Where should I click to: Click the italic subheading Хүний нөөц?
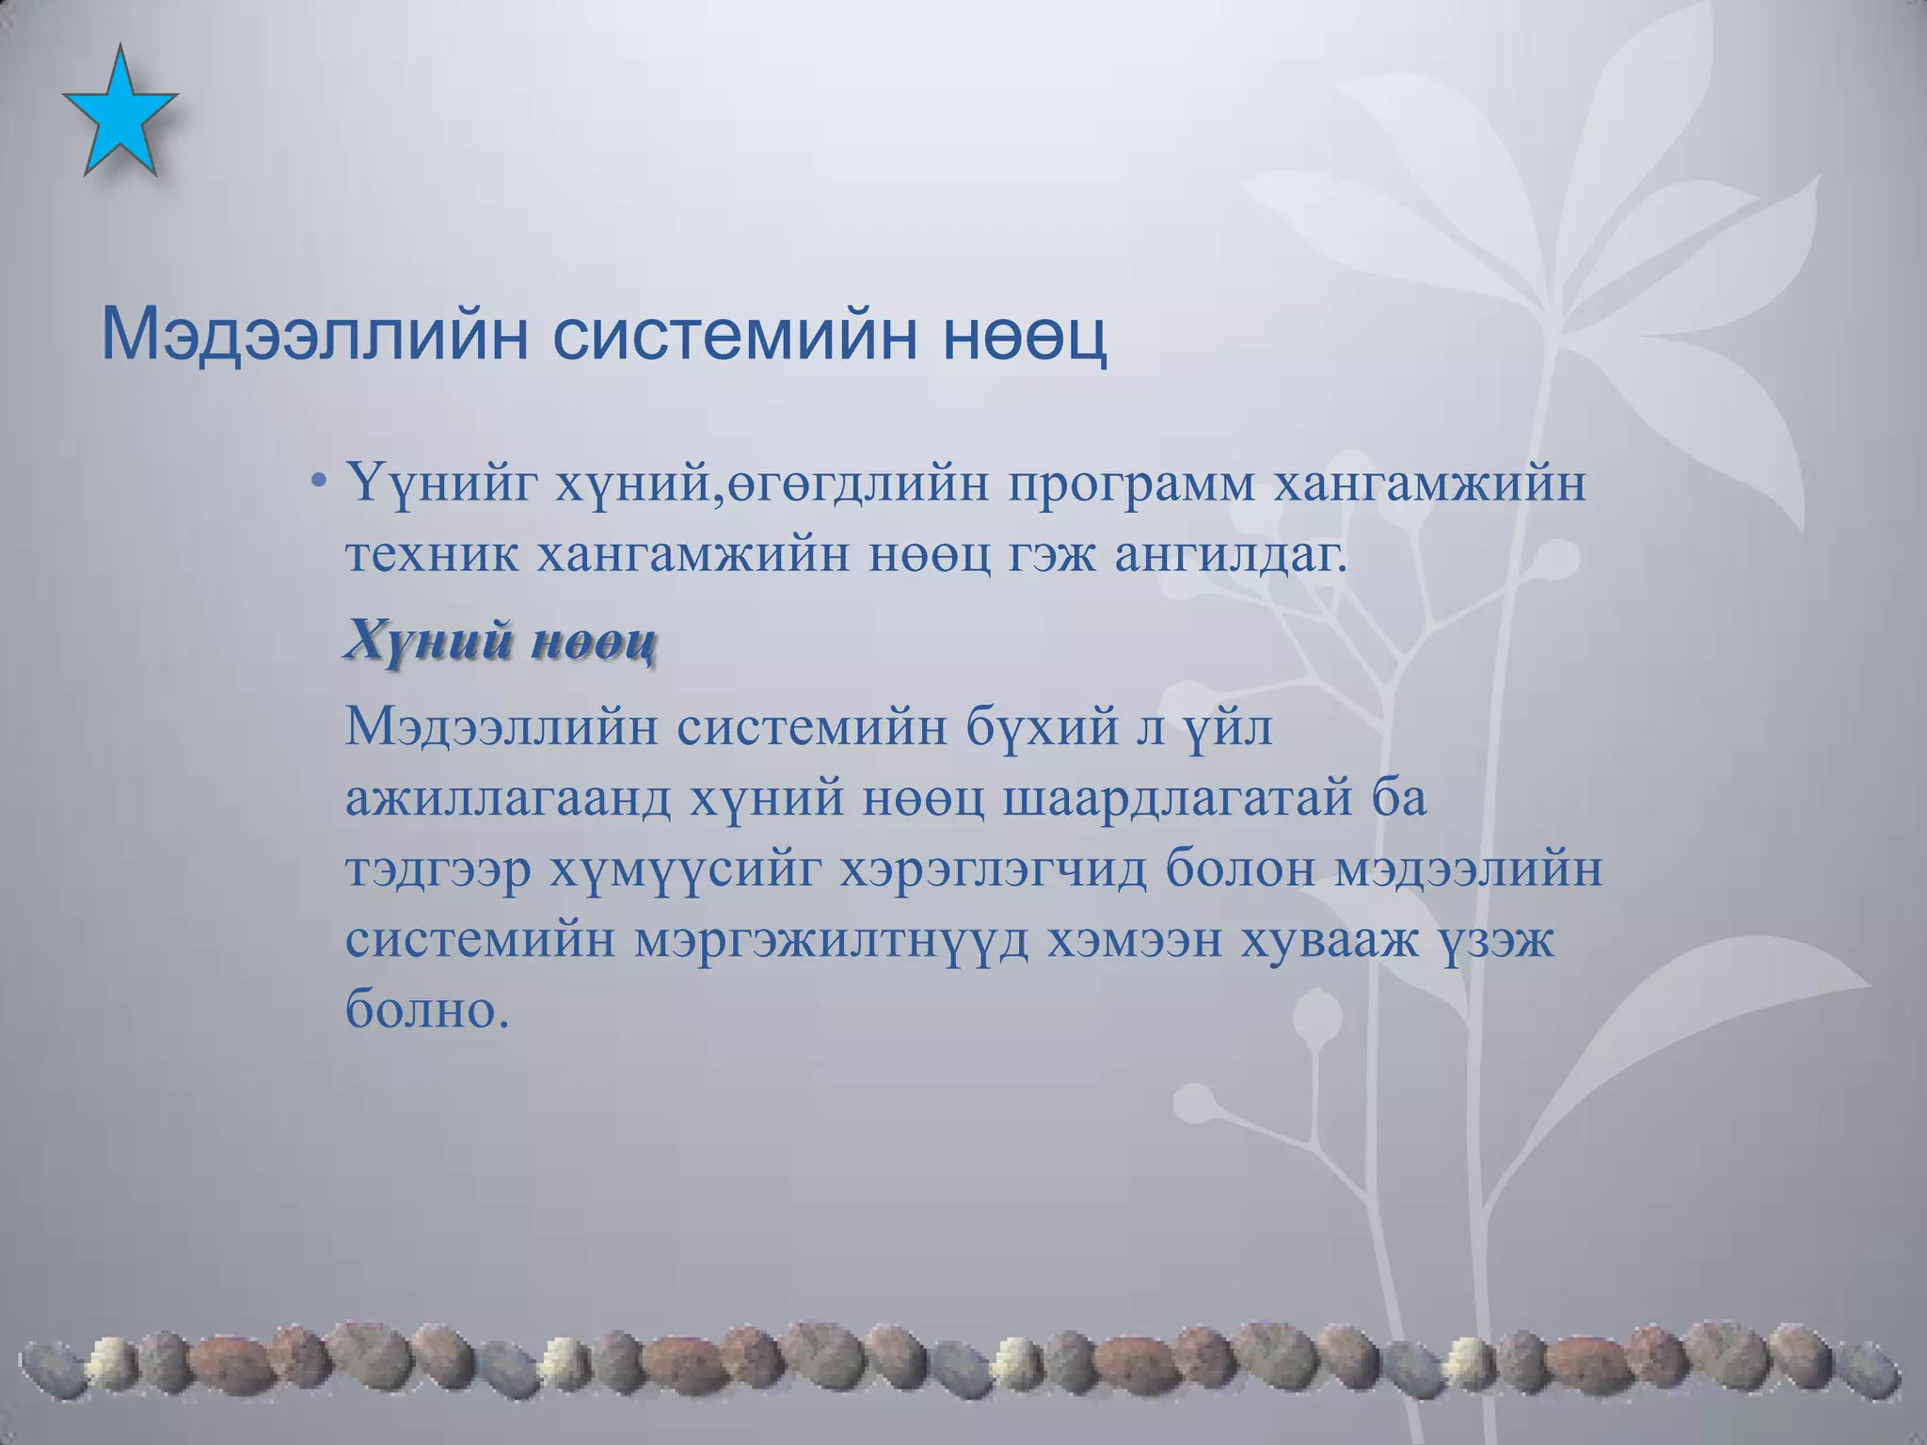click(501, 643)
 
